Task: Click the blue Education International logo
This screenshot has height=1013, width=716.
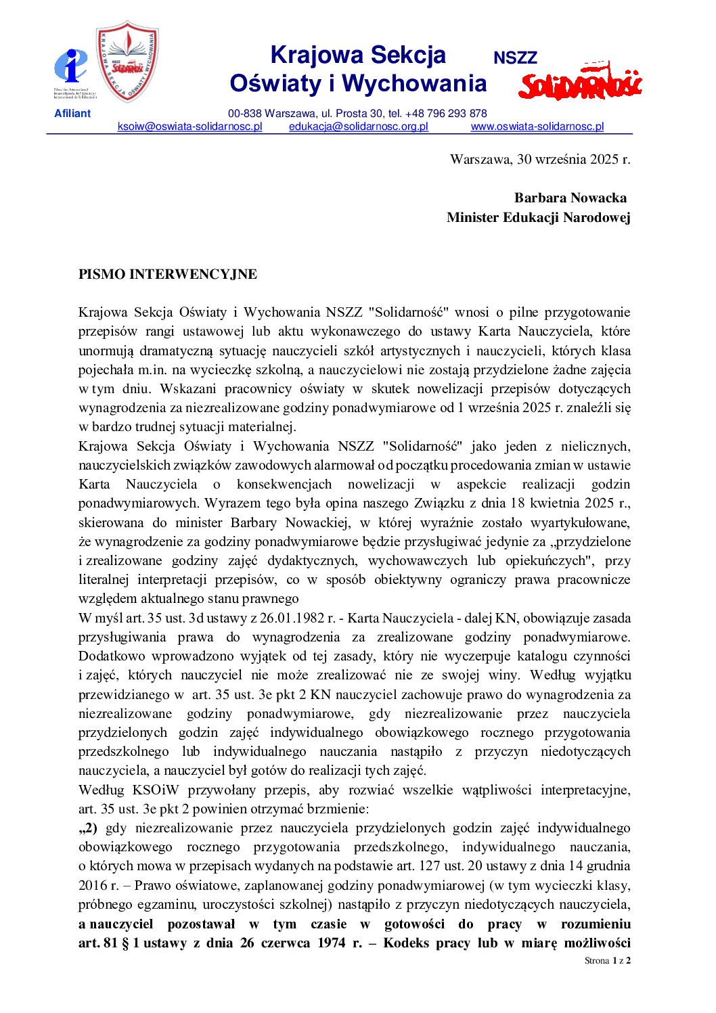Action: tap(70, 66)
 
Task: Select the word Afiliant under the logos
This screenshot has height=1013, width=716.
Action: tap(72, 114)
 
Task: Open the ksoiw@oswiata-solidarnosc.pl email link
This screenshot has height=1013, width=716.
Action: tap(189, 127)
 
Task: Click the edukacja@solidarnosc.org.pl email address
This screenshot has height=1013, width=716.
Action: tap(359, 127)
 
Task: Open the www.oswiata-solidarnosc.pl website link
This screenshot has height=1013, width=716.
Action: tap(537, 127)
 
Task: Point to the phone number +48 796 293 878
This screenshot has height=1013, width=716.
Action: tap(446, 114)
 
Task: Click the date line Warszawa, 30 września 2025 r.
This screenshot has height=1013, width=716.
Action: tap(540, 160)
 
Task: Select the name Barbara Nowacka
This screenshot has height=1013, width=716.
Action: tap(570, 198)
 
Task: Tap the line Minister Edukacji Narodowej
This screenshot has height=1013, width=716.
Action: tap(538, 218)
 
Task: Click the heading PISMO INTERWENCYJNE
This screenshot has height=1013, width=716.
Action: tap(168, 275)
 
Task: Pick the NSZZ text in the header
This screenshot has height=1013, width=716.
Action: tap(515, 59)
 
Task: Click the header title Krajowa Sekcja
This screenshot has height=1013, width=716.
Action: tap(358, 55)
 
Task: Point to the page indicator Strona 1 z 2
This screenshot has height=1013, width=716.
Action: tap(608, 961)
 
